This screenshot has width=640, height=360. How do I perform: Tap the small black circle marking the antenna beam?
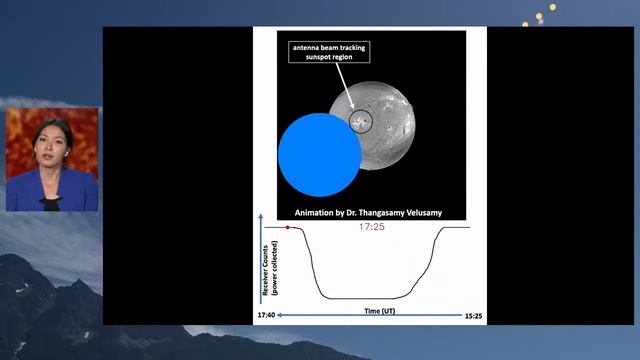[360, 122]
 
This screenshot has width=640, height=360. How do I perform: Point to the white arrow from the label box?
[344, 91]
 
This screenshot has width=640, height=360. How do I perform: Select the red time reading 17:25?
[372, 228]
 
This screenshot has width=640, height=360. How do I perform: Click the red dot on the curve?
[288, 228]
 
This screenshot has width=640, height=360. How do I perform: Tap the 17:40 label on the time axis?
[266, 316]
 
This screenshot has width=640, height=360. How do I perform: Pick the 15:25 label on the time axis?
[474, 316]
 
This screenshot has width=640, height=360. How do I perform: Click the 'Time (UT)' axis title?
[372, 312]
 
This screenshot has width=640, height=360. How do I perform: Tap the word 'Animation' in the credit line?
[316, 212]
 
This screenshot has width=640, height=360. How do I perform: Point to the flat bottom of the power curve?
[365, 298]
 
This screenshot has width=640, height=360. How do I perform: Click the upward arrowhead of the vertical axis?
[260, 216]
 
